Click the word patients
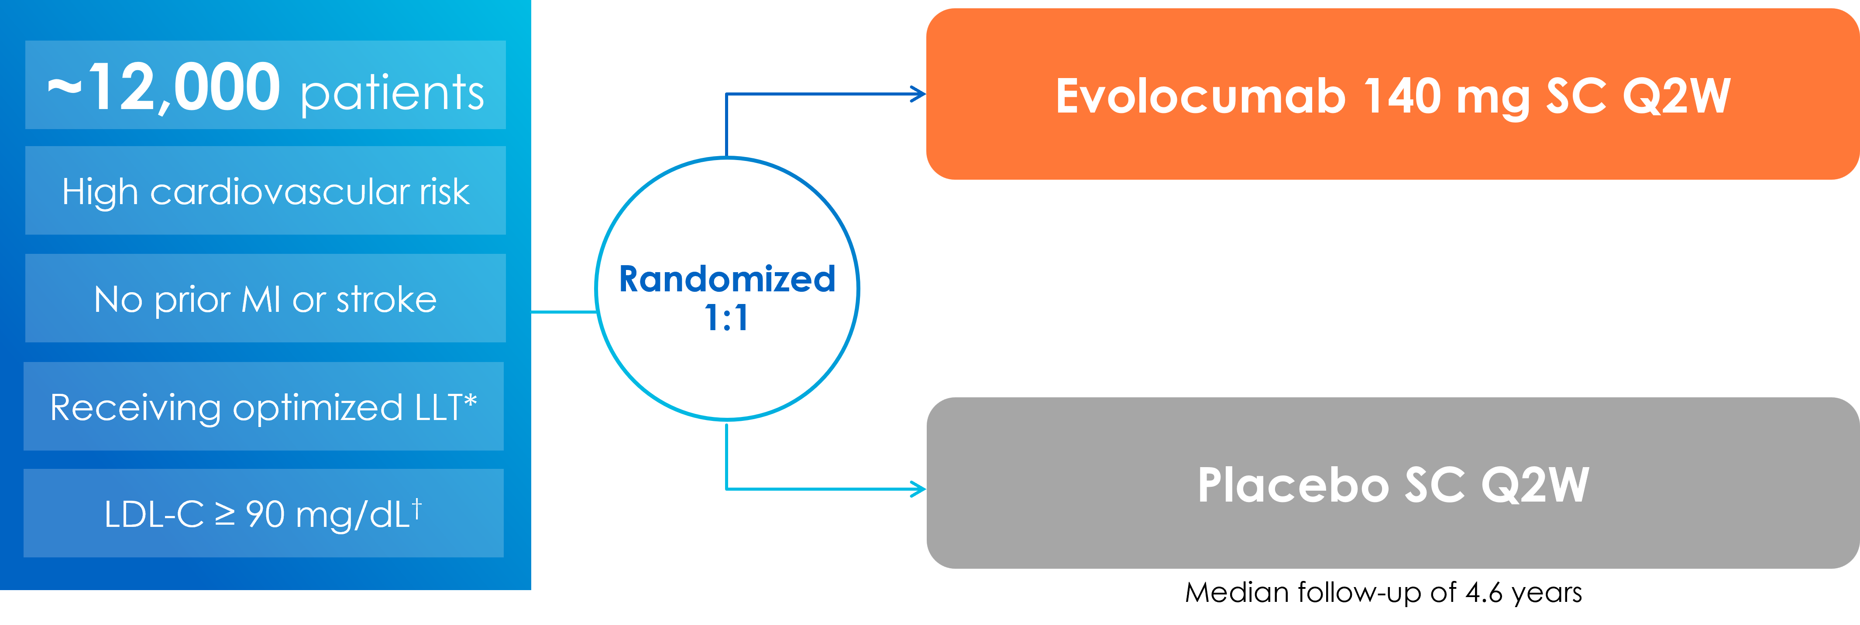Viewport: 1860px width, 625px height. [392, 94]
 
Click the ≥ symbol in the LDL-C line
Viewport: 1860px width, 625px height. [225, 515]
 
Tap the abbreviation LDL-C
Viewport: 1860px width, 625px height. [154, 515]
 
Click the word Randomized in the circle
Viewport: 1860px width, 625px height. [727, 279]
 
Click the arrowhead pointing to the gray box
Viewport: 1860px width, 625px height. [918, 489]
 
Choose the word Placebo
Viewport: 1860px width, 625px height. [1293, 485]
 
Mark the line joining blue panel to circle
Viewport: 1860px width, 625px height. [563, 312]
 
